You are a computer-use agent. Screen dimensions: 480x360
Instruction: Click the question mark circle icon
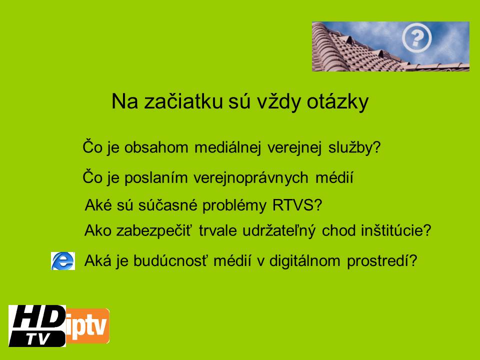(x=416, y=37)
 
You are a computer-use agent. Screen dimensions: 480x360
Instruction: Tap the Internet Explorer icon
(x=63, y=261)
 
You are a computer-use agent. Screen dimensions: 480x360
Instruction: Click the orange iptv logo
(x=87, y=326)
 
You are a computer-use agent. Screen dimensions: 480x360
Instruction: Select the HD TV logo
(x=37, y=326)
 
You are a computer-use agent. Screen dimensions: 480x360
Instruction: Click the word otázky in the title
(x=337, y=101)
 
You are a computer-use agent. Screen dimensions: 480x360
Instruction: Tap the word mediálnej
(x=227, y=148)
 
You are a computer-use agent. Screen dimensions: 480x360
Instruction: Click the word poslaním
(x=156, y=178)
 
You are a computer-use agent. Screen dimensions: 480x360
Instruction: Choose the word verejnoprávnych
(x=250, y=178)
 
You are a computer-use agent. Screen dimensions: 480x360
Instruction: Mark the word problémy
(x=234, y=205)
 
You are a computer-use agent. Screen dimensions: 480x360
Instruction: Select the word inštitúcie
(x=393, y=230)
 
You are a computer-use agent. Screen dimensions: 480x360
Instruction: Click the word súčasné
(x=168, y=205)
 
